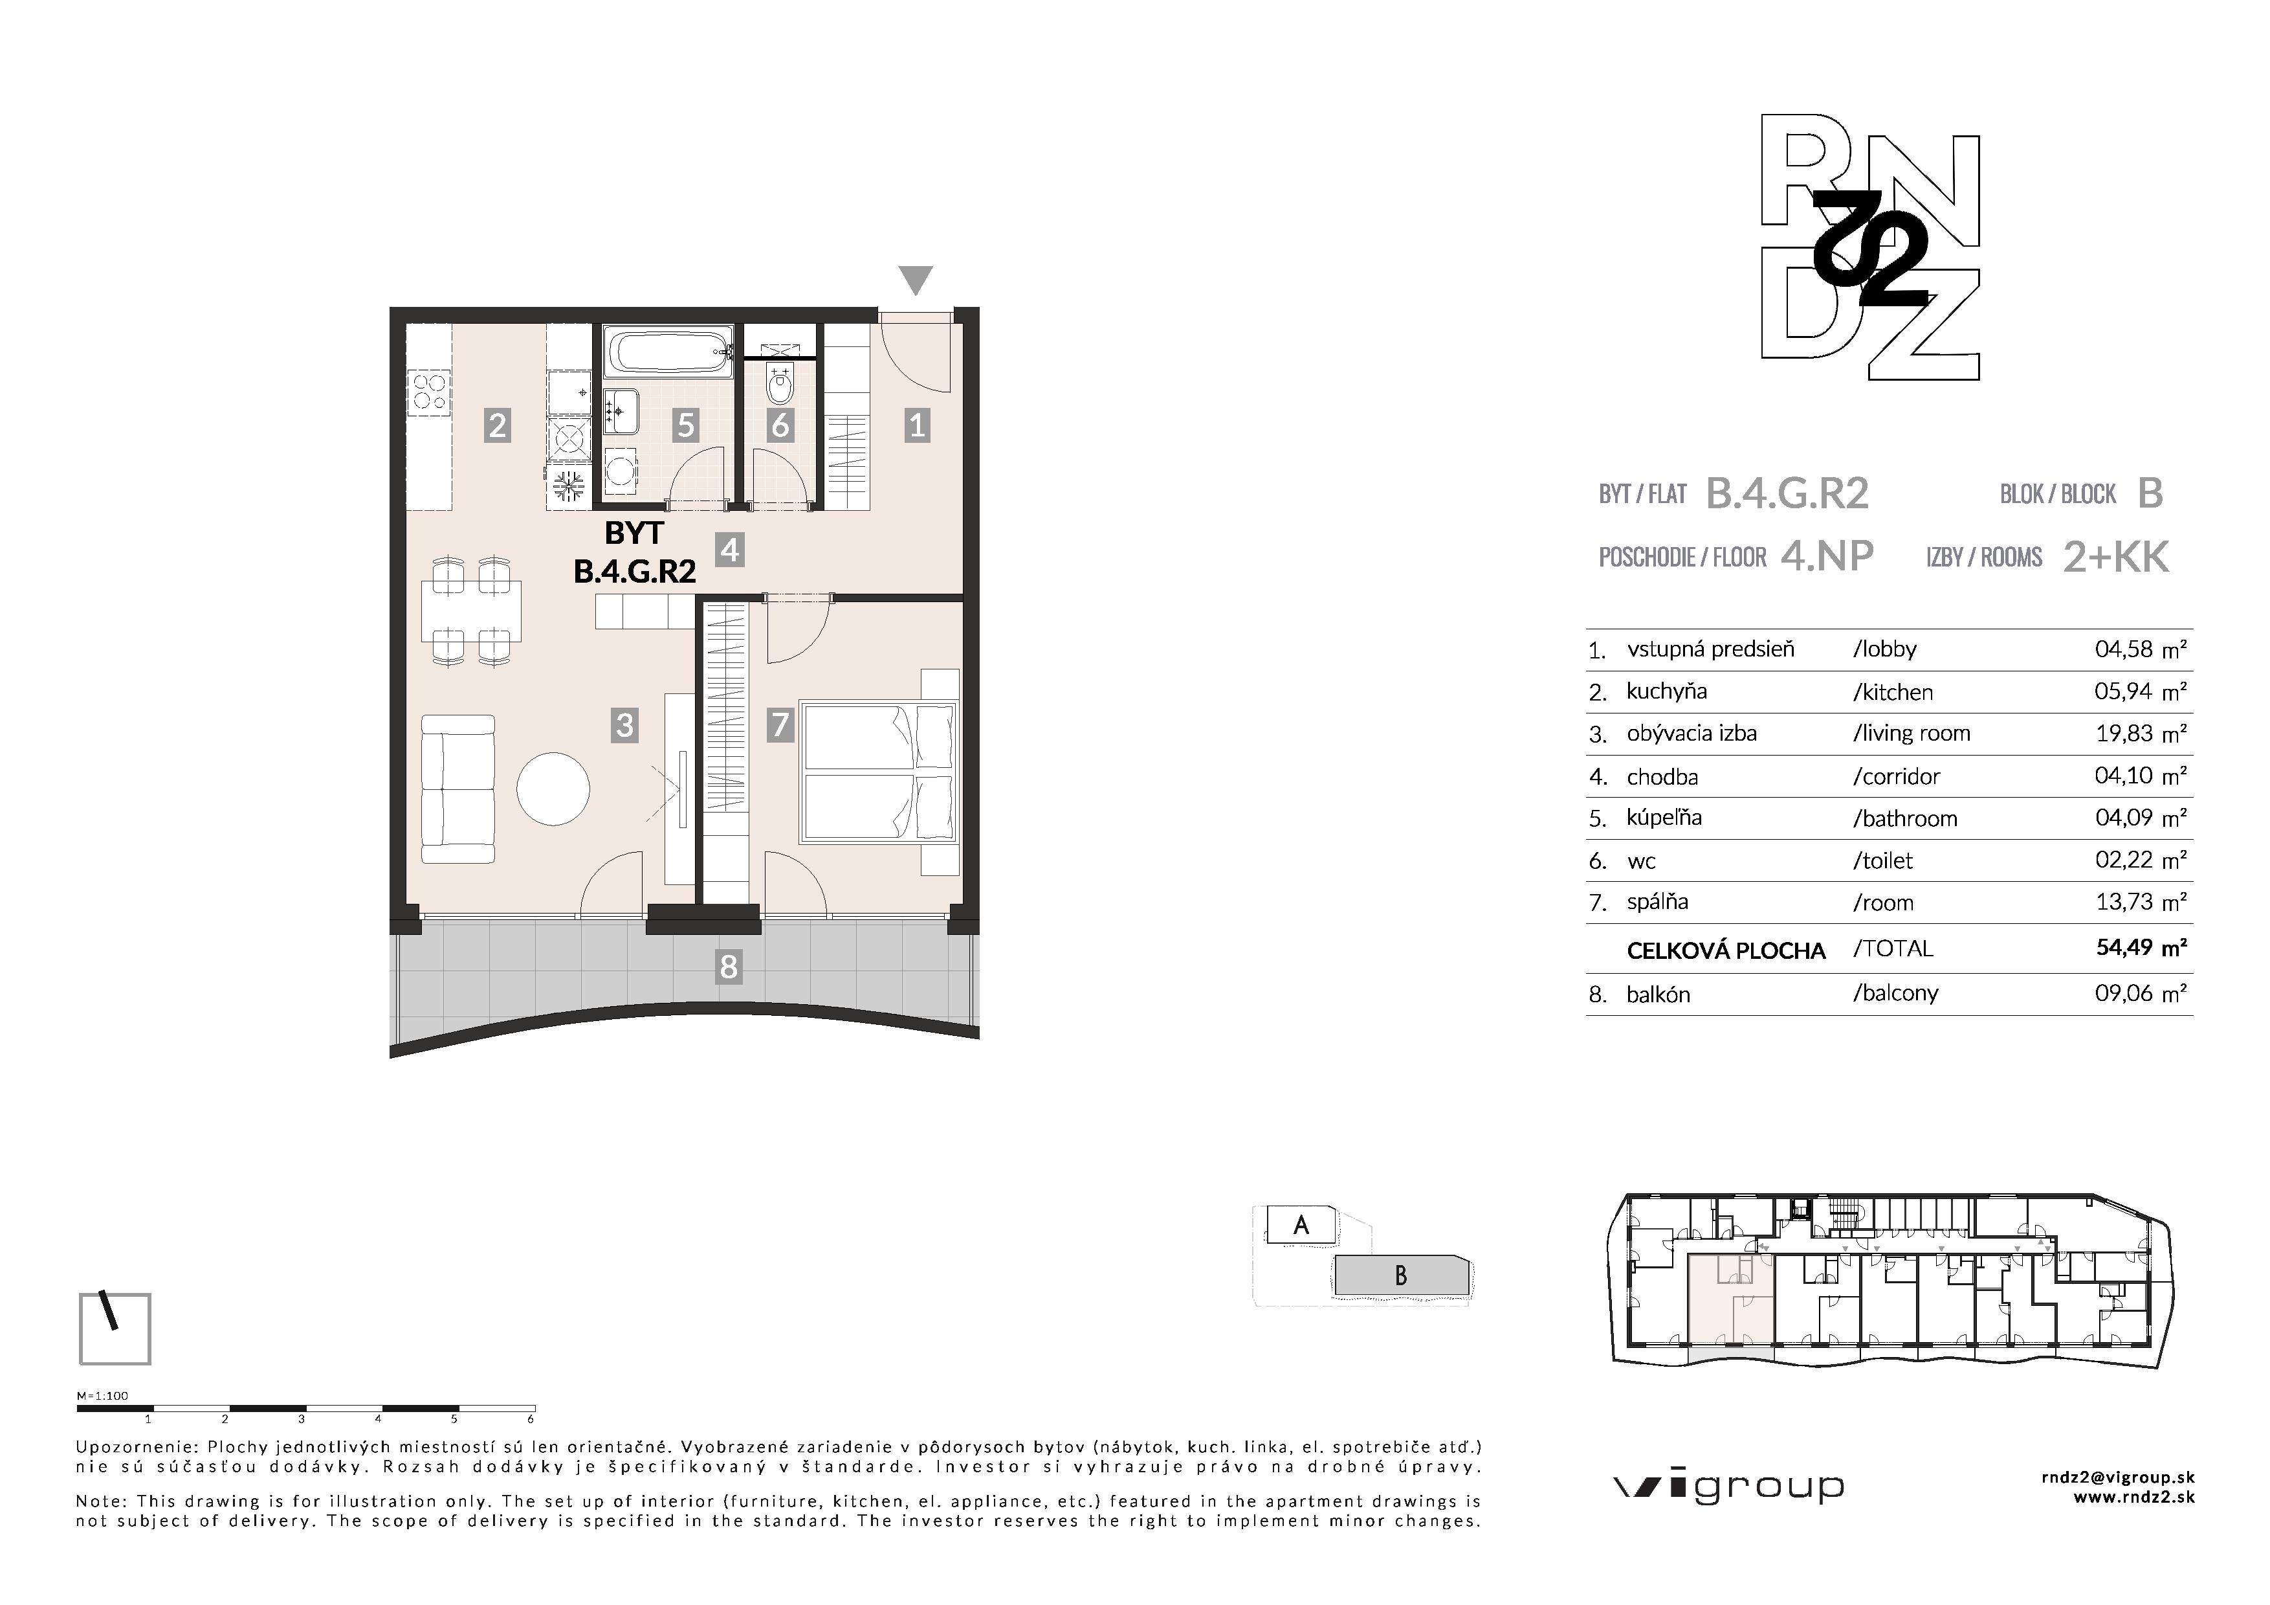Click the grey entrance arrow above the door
pos(916,279)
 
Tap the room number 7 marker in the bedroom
pos(780,725)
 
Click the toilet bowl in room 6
pos(780,388)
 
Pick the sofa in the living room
pos(457,789)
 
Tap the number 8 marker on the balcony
pos(729,966)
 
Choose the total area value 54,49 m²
pos(2141,947)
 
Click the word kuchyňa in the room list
pos(1667,691)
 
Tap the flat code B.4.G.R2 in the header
pos(1787,493)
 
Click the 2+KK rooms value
pos(2116,557)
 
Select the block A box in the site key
pos(1301,1225)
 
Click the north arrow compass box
pos(115,1328)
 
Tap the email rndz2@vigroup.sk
pos(2118,1477)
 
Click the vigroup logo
pos(1728,1487)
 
